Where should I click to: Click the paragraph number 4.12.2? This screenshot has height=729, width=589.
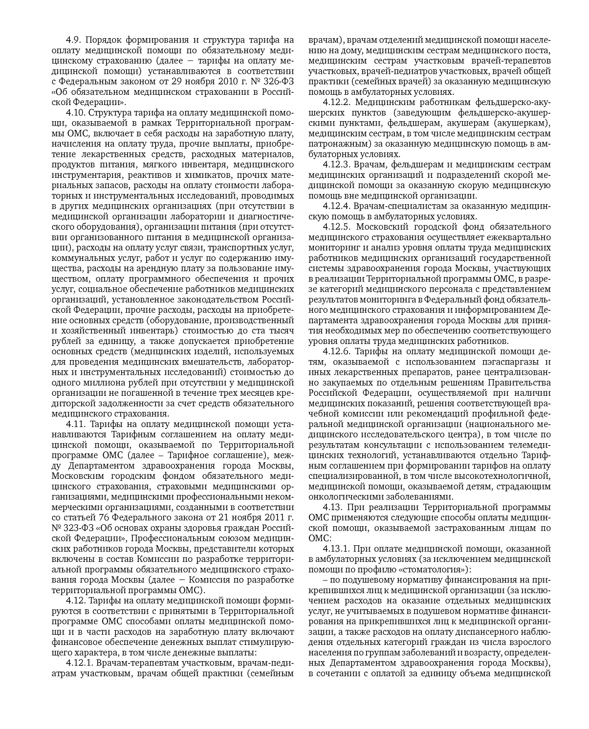(337, 102)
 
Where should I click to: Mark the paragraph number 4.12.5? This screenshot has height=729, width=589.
(337, 227)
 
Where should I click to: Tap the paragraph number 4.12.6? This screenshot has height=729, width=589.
(337, 351)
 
